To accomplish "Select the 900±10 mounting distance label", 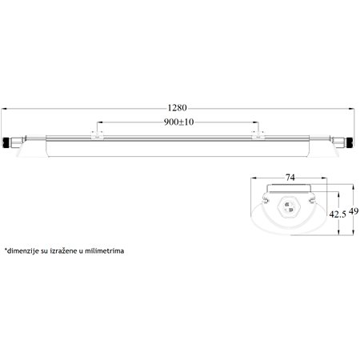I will pos(178,122).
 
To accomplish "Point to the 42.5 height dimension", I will pos(338,214).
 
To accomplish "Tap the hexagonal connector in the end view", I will pos(290,210).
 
